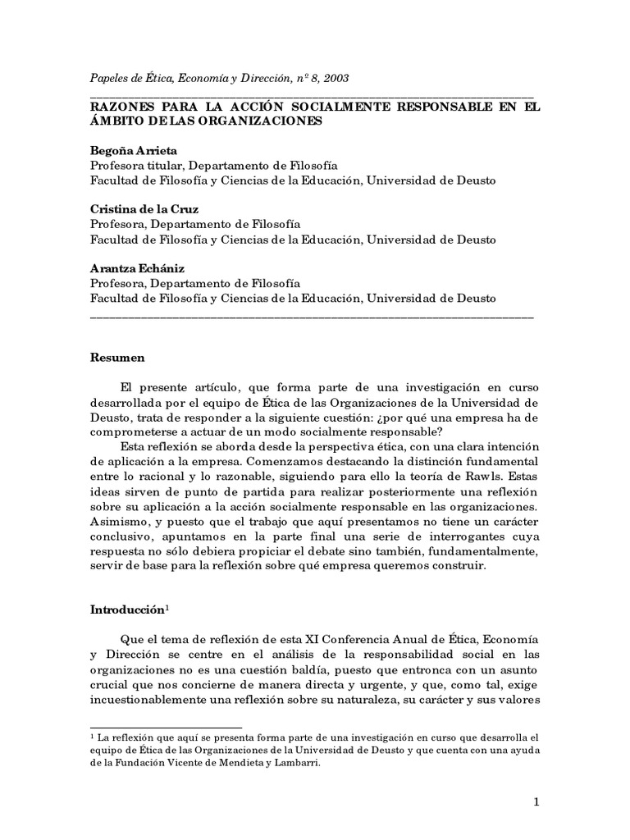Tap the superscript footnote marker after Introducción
(x=167, y=608)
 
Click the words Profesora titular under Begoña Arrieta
(x=133, y=166)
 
